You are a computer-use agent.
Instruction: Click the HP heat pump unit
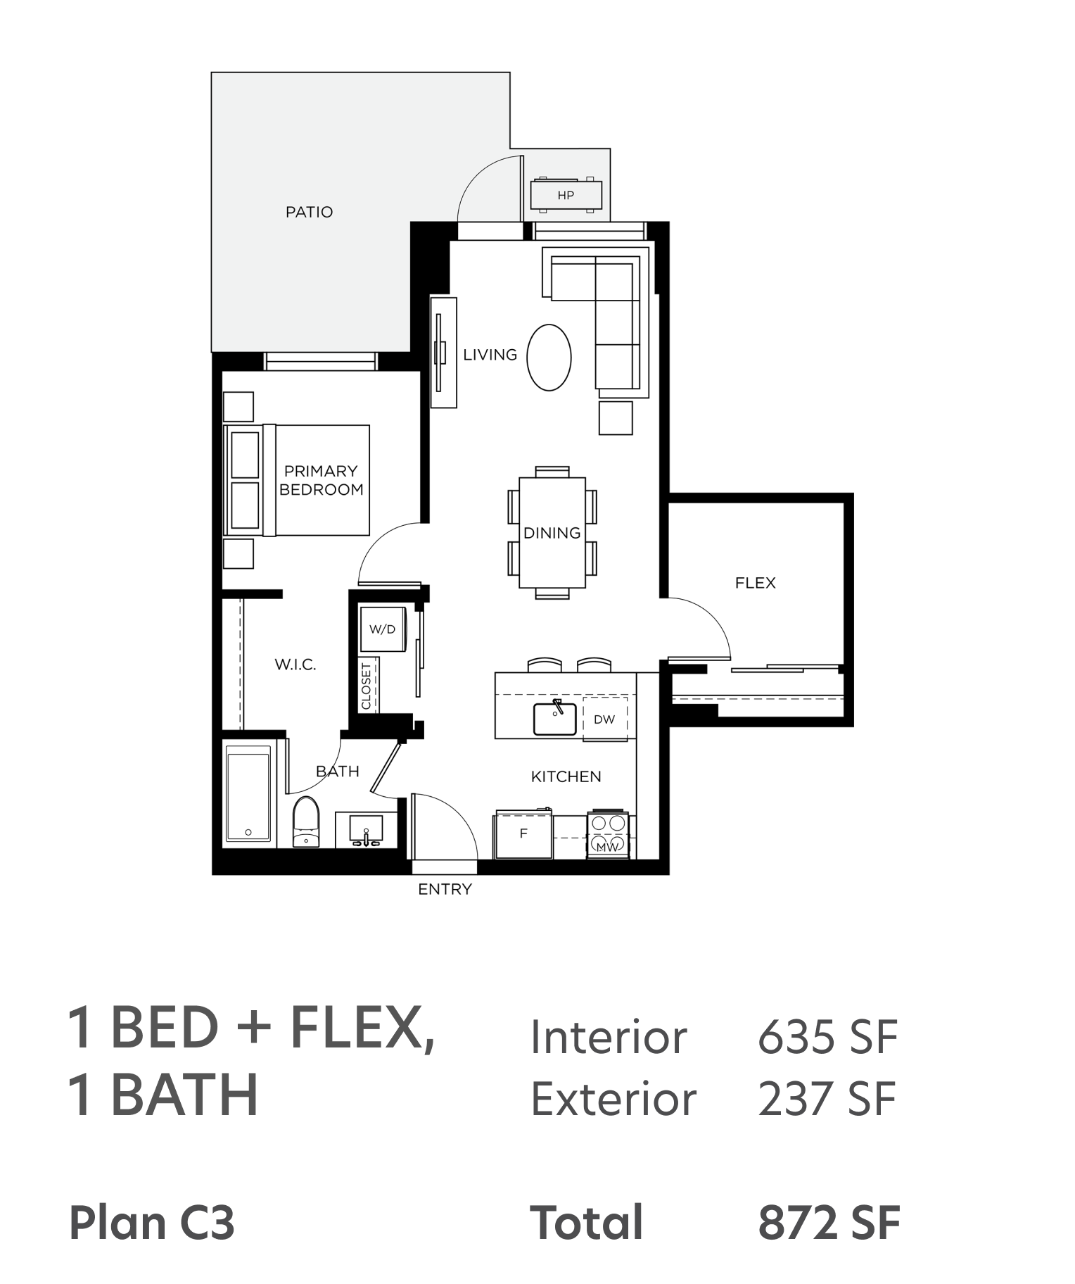pyautogui.click(x=566, y=195)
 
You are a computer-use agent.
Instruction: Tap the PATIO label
pyautogui.click(x=309, y=212)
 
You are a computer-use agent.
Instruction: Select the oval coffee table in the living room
pyautogui.click(x=549, y=358)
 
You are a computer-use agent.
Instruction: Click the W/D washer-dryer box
pyautogui.click(x=382, y=629)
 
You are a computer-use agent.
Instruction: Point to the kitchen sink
pyautogui.click(x=555, y=718)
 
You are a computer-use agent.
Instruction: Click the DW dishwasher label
pyautogui.click(x=604, y=719)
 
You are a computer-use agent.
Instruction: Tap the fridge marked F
pyautogui.click(x=523, y=834)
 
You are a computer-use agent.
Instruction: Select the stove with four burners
pyautogui.click(x=608, y=834)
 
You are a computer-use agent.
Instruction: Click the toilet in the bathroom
pyautogui.click(x=305, y=822)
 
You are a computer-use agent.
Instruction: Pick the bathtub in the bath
pyautogui.click(x=248, y=793)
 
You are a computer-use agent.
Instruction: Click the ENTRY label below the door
pyautogui.click(x=445, y=889)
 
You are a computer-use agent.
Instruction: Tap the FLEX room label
pyautogui.click(x=755, y=583)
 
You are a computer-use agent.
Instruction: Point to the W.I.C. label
pyautogui.click(x=295, y=665)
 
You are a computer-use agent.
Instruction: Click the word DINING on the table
pyautogui.click(x=552, y=533)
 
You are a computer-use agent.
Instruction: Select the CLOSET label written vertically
pyautogui.click(x=366, y=686)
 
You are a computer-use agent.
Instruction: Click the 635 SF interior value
pyautogui.click(x=827, y=1037)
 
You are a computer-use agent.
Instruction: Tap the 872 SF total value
pyautogui.click(x=829, y=1222)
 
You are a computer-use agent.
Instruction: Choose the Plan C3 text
pyautogui.click(x=152, y=1223)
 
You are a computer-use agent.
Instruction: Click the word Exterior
pyautogui.click(x=613, y=1099)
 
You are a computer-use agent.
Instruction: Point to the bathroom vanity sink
pyautogui.click(x=366, y=830)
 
